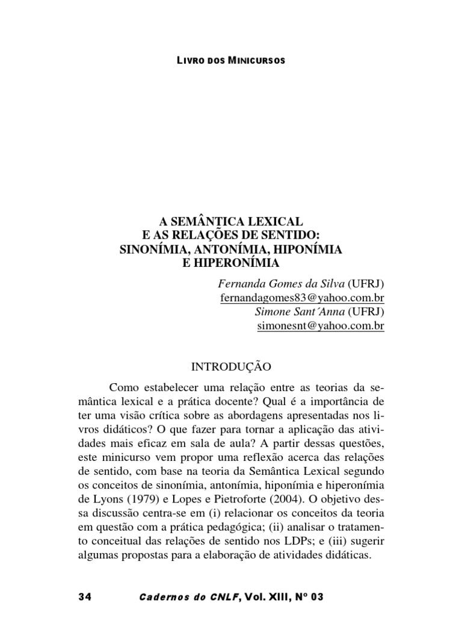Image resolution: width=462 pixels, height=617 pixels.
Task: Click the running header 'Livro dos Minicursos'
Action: click(231, 61)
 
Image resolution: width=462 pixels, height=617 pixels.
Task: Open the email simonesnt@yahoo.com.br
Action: click(321, 325)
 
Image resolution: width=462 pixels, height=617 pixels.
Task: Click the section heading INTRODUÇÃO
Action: click(231, 366)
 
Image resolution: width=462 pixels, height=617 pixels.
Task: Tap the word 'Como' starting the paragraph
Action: click(124, 386)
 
